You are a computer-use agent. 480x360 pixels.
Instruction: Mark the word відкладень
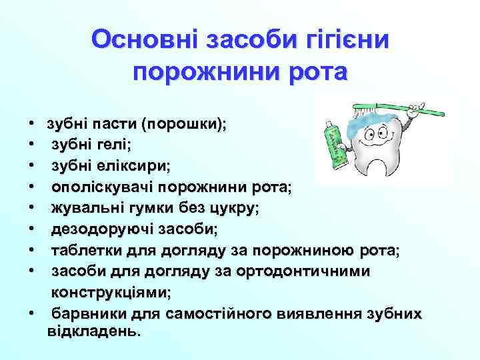point(94,331)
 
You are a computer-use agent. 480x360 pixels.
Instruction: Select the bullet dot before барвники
point(32,314)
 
